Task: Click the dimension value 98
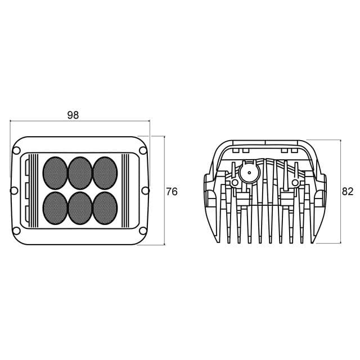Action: click(73, 115)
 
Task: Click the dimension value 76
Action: click(172, 192)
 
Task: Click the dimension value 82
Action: click(348, 191)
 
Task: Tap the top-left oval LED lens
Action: click(55, 173)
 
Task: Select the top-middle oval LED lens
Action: click(80, 173)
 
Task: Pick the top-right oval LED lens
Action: click(105, 173)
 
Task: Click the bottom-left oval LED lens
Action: click(55, 208)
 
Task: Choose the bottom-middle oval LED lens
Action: click(80, 208)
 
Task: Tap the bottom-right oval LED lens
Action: click(105, 208)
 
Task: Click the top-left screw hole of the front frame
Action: click(16, 151)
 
